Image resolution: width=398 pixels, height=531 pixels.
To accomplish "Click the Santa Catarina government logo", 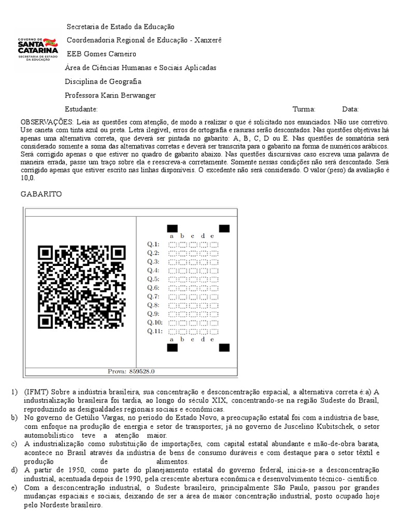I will [38, 50].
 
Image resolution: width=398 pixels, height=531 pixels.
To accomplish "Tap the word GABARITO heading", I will [41, 194].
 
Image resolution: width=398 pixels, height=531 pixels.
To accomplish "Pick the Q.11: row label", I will [154, 331].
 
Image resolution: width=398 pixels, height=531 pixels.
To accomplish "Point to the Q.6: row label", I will [153, 287].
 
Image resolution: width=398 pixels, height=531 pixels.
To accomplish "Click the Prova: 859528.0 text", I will [131, 371].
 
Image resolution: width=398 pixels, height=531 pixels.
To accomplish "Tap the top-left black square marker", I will [172, 228].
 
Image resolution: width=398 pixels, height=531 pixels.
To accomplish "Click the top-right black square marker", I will [224, 228].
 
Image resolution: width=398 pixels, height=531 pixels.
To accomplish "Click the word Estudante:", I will [81, 109].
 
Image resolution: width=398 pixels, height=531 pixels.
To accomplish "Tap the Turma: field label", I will [304, 109].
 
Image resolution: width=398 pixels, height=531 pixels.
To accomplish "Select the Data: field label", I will [350, 109].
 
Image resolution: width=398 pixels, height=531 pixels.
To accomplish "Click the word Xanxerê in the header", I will [208, 40].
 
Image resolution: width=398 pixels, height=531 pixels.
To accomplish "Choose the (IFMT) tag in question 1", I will [35, 392].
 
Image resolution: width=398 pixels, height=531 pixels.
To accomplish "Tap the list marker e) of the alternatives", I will [13, 488].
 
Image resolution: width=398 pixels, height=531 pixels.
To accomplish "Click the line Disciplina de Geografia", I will [103, 81].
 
